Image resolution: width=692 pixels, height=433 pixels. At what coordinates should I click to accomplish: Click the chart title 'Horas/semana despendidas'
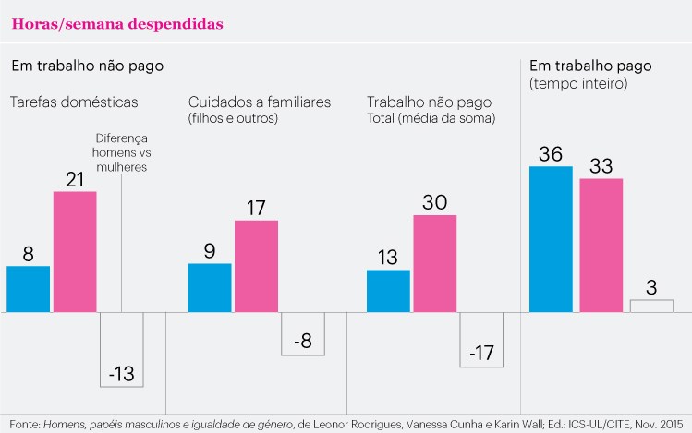pyautogui.click(x=117, y=24)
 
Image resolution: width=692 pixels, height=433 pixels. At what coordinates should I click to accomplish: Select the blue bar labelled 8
pyautogui.click(x=29, y=289)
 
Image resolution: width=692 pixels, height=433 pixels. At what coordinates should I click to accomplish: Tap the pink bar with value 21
pyautogui.click(x=75, y=252)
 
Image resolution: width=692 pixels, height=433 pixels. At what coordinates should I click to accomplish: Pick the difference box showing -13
pyautogui.click(x=122, y=350)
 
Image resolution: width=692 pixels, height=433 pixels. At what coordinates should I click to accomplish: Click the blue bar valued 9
pyautogui.click(x=210, y=288)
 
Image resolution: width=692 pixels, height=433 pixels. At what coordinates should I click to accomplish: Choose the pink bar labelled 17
pyautogui.click(x=257, y=266)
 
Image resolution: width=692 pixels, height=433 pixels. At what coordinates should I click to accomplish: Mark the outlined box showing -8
pyautogui.click(x=303, y=334)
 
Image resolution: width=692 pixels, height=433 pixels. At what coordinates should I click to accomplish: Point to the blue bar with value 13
pyautogui.click(x=388, y=291)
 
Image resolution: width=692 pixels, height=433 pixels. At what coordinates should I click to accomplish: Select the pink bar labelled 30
pyautogui.click(x=435, y=264)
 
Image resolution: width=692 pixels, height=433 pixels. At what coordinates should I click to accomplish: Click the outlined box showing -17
pyautogui.click(x=481, y=340)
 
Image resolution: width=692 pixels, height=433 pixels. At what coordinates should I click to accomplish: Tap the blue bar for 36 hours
pyautogui.click(x=551, y=239)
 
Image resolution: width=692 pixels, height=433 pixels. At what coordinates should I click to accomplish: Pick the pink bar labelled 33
pyautogui.click(x=601, y=246)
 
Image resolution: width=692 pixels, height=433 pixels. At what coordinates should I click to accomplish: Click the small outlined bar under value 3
pyautogui.click(x=652, y=306)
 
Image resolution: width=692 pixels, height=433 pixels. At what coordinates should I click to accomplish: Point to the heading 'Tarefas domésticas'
pyautogui.click(x=74, y=102)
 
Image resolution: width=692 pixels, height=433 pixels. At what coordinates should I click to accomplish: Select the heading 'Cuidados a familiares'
pyautogui.click(x=260, y=102)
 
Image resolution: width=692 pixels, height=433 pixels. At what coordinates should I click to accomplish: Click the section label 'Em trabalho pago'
pyautogui.click(x=590, y=66)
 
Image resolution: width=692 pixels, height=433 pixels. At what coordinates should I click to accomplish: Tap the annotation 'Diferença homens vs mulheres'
pyautogui.click(x=121, y=152)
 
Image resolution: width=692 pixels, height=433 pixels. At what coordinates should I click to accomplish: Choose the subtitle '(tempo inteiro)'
pyautogui.click(x=578, y=83)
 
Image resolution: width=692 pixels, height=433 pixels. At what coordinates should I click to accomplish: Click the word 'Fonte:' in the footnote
pyautogui.click(x=25, y=425)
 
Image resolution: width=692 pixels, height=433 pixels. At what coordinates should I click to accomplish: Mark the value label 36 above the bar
pyautogui.click(x=551, y=154)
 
